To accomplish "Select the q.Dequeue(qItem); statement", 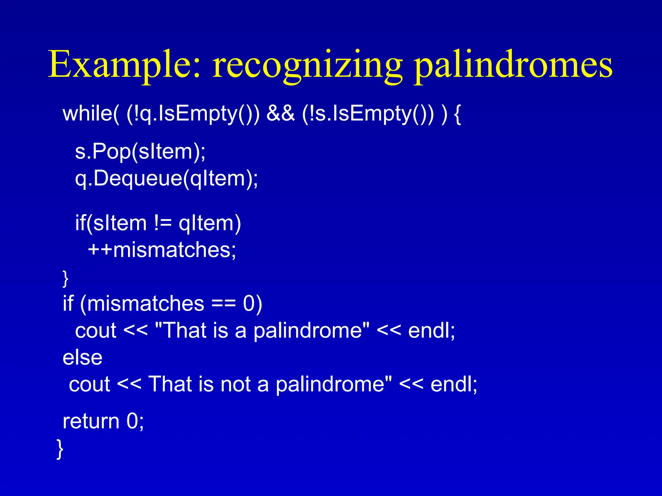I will pyautogui.click(x=166, y=178).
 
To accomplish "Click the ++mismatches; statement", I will pyautogui.click(x=162, y=250).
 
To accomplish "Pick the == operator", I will pyautogui.click(x=223, y=304).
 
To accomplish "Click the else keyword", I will pyautogui.click(x=82, y=357).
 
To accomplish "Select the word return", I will pyautogui.click(x=91, y=421).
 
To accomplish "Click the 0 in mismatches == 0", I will pyautogui.click(x=249, y=304).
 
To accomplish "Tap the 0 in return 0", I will pyautogui.click(x=132, y=421).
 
